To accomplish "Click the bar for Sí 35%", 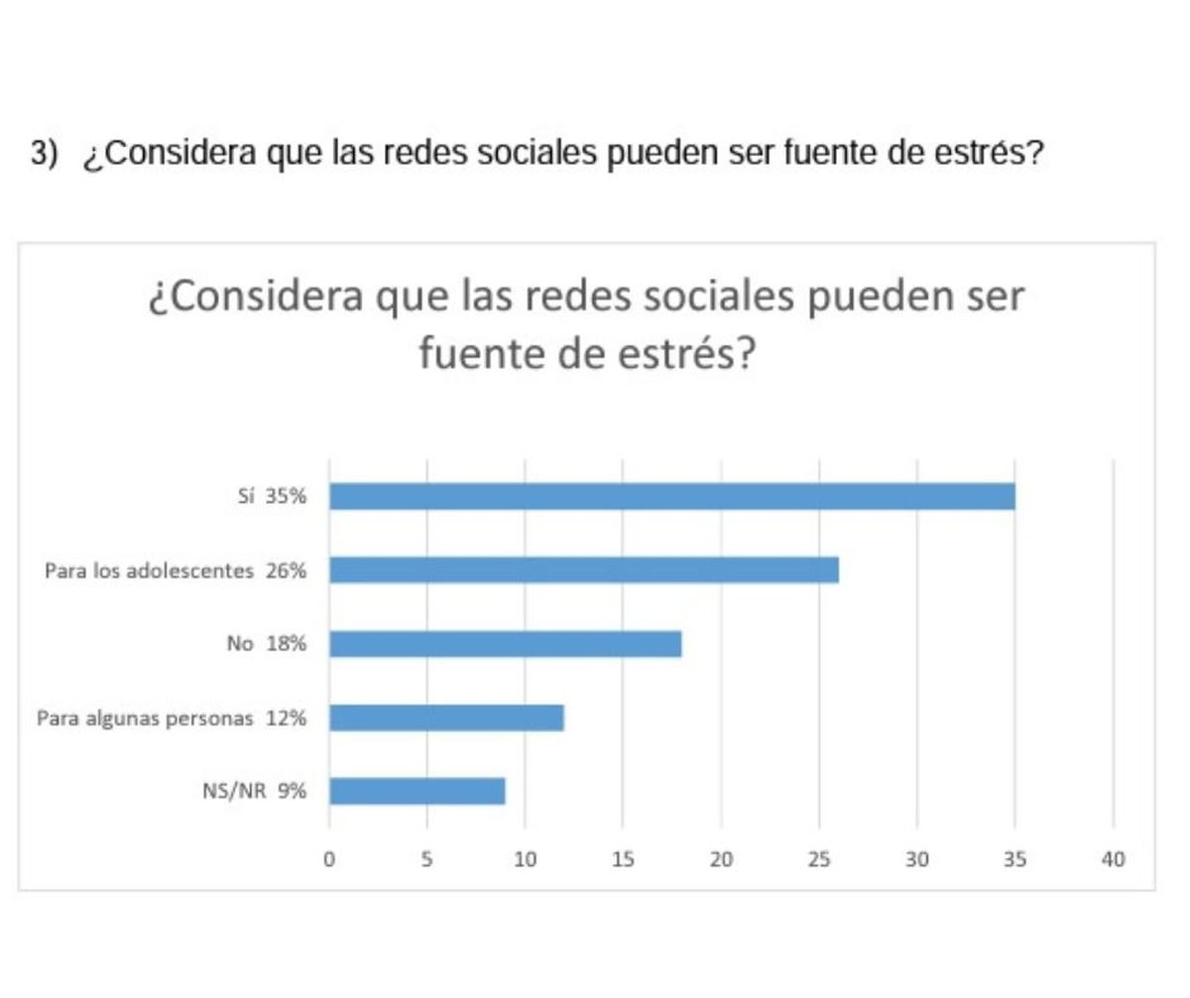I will (671, 496).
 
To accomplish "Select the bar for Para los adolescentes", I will (583, 570).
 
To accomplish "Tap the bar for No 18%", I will (505, 644).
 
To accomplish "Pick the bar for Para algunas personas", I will (446, 717).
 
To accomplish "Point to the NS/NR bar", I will (416, 791).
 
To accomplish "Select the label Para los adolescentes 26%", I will (176, 571).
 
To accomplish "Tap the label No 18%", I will (266, 644).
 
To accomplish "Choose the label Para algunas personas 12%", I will (171, 718).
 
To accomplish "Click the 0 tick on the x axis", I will (329, 859).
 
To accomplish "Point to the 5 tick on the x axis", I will (426, 859).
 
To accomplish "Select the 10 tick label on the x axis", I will (525, 859).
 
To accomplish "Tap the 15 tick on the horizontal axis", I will (622, 859).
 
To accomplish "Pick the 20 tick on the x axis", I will (721, 859).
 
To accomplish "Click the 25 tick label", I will (818, 859).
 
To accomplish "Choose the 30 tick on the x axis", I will (916, 859).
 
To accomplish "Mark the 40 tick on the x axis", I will (1113, 859).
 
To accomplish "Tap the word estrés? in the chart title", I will (685, 354).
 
